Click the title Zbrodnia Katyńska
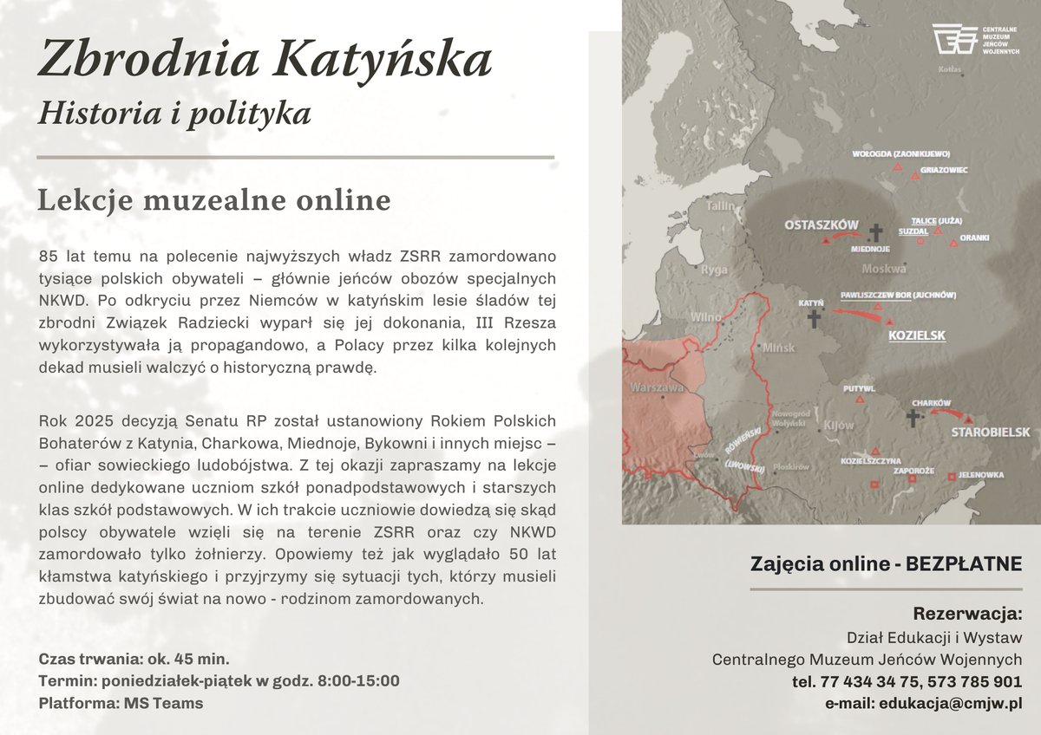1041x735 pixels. (265, 59)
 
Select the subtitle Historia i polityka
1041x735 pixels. (173, 112)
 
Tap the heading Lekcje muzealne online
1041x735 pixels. (214, 200)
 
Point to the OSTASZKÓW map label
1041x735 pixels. (821, 224)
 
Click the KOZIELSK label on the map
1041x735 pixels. (917, 335)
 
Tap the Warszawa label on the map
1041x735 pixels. (657, 387)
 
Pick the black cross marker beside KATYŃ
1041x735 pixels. (813, 320)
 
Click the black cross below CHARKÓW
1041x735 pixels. (912, 420)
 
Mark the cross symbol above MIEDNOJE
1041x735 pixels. (874, 231)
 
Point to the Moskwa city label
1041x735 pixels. (883, 268)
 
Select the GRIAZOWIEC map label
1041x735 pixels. (944, 170)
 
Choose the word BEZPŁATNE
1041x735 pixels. (964, 564)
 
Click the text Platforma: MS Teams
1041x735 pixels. (121, 703)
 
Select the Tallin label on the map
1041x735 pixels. (721, 206)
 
